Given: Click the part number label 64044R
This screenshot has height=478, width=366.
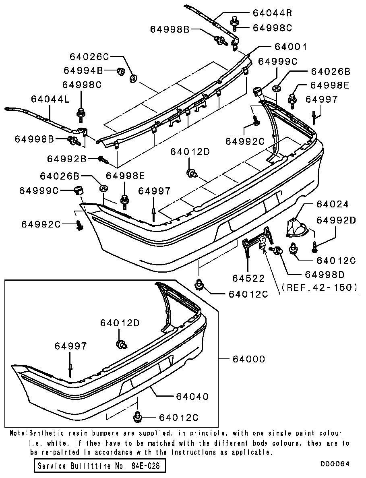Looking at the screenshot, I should point(272,13).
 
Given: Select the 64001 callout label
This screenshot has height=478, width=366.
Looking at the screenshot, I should point(291,47).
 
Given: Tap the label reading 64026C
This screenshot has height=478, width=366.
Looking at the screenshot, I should point(89,56).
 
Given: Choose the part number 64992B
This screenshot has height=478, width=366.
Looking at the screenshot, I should point(66,159).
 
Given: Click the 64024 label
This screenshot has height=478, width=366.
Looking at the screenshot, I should point(332,205).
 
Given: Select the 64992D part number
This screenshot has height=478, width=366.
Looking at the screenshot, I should point(336,220).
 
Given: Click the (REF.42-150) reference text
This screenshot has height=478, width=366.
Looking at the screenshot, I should point(320,288).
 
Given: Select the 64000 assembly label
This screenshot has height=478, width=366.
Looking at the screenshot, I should point(248,359).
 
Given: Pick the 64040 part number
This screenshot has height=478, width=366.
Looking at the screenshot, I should point(192,397).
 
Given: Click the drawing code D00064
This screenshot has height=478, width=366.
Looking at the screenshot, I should point(335,464).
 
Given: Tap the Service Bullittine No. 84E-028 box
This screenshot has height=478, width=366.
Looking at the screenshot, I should point(99,466).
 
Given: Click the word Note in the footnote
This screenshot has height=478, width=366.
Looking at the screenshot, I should point(18,434).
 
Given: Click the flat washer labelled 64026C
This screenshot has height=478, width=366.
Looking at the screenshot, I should point(133,77).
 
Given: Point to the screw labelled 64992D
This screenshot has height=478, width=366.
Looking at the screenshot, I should point(314,246).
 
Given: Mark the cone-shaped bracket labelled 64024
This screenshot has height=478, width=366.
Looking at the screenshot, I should point(296,228).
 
